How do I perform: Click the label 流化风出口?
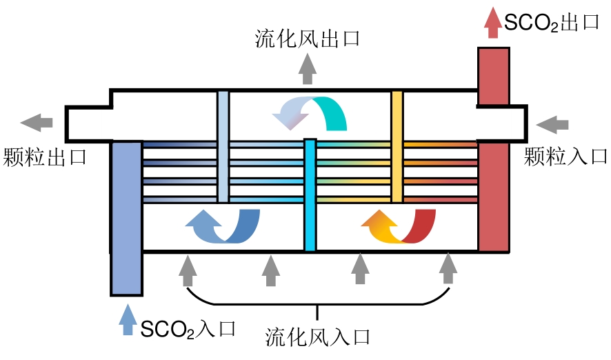308,38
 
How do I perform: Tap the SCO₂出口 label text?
551,22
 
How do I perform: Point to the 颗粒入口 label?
565,156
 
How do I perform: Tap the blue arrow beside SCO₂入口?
126,320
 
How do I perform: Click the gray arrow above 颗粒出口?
37,123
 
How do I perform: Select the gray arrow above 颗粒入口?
553,124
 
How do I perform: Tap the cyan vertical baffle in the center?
310,194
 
